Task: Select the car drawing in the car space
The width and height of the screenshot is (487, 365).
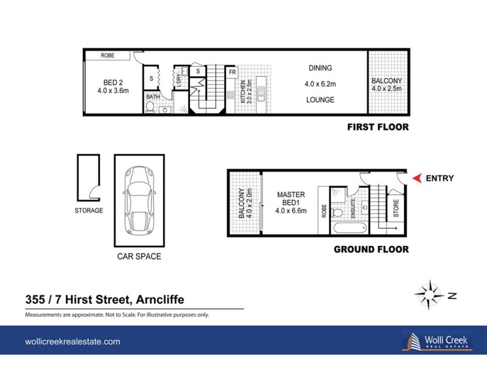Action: [x=139, y=200]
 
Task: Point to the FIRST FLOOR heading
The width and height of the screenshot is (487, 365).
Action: [x=377, y=127]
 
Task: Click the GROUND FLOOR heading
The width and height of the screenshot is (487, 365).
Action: [x=371, y=249]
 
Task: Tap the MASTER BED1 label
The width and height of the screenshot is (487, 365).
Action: [x=290, y=199]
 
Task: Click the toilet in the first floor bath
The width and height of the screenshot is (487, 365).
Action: [x=150, y=108]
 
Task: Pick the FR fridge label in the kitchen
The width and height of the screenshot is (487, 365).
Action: [x=232, y=72]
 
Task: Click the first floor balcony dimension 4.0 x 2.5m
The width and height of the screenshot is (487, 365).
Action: [x=387, y=89]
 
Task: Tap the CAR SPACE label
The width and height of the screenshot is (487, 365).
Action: [x=139, y=257]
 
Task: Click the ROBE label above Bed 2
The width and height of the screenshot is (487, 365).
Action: [x=108, y=55]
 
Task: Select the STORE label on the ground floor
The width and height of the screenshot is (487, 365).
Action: [x=396, y=209]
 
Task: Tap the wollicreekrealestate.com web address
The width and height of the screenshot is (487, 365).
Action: [x=72, y=342]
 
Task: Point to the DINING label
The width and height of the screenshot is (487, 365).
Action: [x=320, y=68]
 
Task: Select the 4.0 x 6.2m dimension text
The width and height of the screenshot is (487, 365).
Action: [x=320, y=84]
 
